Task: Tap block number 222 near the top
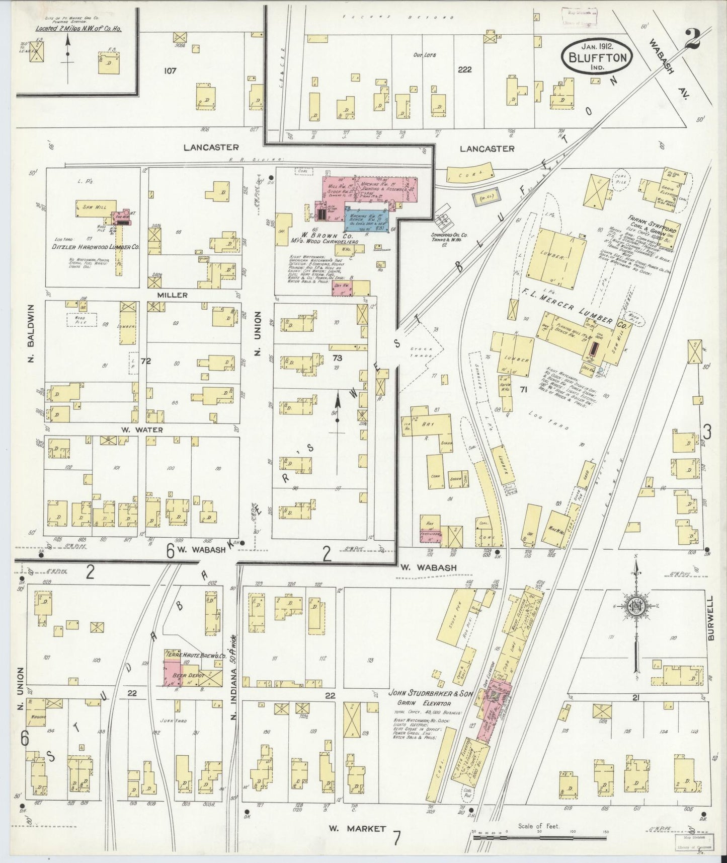[464, 69]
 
